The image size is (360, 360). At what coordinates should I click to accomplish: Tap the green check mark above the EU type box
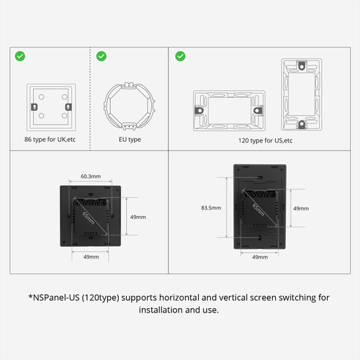(102, 55)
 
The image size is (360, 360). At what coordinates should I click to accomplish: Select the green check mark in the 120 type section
(180, 55)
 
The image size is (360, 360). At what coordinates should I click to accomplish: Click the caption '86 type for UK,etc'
(49, 140)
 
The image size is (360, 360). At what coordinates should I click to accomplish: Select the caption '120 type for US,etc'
(265, 140)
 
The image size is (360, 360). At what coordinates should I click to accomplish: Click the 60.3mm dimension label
(90, 176)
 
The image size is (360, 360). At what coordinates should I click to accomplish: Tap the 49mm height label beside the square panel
(138, 217)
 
